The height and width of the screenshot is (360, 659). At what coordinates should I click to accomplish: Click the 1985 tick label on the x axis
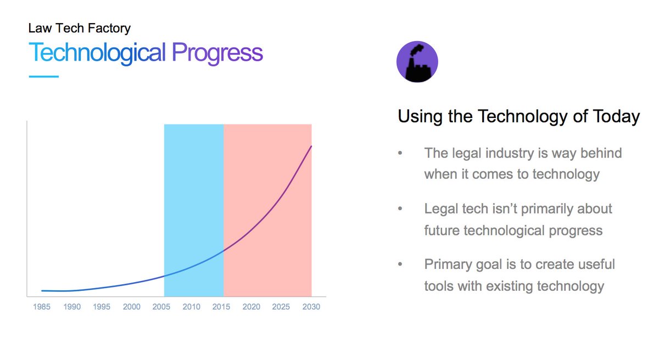pyautogui.click(x=41, y=307)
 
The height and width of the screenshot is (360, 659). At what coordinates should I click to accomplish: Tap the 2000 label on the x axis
pyautogui.click(x=132, y=307)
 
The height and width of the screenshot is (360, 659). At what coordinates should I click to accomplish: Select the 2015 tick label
pyautogui.click(x=221, y=307)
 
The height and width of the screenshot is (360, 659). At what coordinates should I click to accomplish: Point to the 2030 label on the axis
pyautogui.click(x=311, y=307)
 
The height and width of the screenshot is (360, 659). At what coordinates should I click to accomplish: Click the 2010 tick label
pyautogui.click(x=191, y=307)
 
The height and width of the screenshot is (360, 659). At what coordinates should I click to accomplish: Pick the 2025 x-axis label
pyautogui.click(x=281, y=307)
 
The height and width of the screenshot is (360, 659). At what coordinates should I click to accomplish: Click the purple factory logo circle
pyautogui.click(x=417, y=61)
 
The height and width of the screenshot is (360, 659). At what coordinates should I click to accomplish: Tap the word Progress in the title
pyautogui.click(x=217, y=53)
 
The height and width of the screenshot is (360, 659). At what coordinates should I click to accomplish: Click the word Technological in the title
pyautogui.click(x=97, y=53)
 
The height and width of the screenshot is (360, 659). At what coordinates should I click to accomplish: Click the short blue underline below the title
pyautogui.click(x=43, y=76)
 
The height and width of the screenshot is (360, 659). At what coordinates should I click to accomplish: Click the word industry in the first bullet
pyautogui.click(x=508, y=153)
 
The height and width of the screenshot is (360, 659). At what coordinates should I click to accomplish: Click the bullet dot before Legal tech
pyautogui.click(x=400, y=209)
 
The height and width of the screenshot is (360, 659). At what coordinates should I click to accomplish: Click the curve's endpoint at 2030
pyautogui.click(x=311, y=146)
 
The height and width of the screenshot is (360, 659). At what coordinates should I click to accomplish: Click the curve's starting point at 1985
pyautogui.click(x=42, y=290)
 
